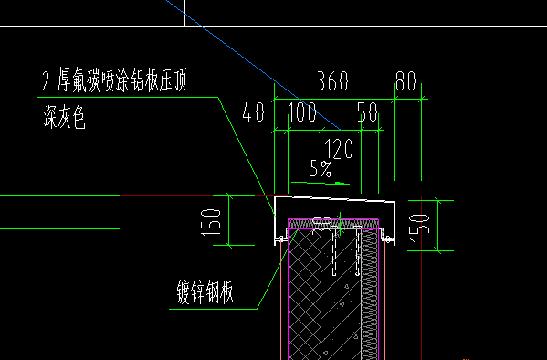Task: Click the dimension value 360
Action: pos(332,81)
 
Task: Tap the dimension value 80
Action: pos(405,81)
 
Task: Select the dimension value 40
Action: pos(253,111)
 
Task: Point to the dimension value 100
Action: pos(302,111)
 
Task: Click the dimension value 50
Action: pos(367,111)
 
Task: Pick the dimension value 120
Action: pos(339,149)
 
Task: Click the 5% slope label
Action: pos(321,169)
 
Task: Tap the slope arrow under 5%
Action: pos(323,183)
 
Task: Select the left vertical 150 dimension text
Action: pos(211,223)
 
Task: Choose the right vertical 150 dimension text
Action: pos(419,228)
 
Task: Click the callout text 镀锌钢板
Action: pos(205,291)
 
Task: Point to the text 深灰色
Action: pos(64,117)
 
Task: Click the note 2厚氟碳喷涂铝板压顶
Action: pos(114,80)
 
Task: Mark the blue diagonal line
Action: pos(253,65)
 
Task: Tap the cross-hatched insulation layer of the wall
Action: pos(304,294)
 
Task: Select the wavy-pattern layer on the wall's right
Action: pos(370,294)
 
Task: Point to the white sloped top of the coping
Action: pos(335,198)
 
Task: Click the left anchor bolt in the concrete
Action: pos(334,250)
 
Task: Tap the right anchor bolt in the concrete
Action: pos(358,250)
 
